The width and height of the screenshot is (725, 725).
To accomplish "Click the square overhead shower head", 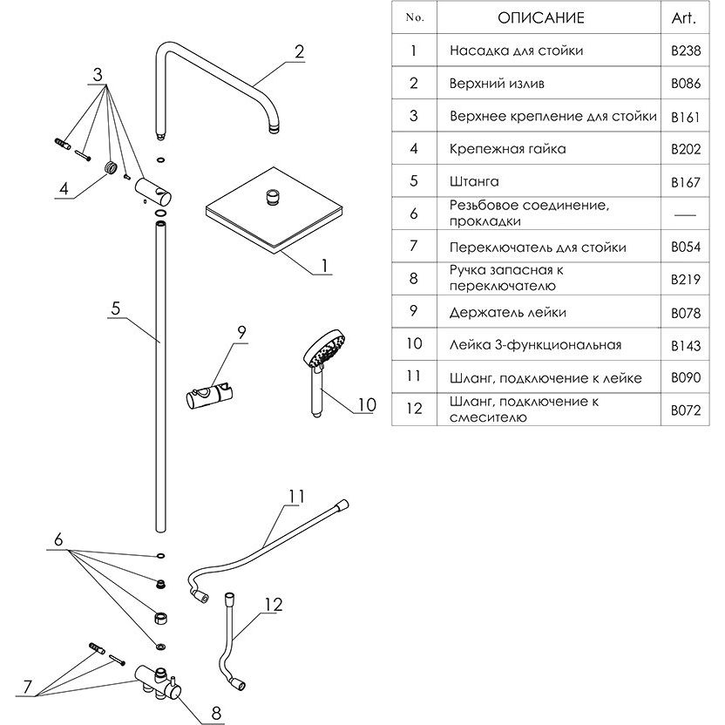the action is point(274,210).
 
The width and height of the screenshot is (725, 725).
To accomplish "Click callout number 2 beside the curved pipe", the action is point(299,51).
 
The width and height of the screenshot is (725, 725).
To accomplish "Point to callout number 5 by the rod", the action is point(115,308).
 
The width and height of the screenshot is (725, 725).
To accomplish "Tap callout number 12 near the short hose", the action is point(274,605).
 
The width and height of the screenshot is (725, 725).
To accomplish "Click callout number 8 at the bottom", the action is point(216,713).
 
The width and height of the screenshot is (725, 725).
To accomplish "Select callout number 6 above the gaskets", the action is point(58,539).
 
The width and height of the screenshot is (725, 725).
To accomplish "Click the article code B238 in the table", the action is point(686,50).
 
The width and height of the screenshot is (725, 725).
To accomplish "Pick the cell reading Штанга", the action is point(474,181).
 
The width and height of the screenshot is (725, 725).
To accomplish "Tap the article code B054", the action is point(686,247).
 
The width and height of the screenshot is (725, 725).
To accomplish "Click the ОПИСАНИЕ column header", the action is point(541,18).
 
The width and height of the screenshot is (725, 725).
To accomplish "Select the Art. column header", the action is point(684,18).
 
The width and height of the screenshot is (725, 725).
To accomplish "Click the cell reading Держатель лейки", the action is point(508,313).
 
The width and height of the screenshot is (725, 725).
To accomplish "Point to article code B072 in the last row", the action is point(686,410).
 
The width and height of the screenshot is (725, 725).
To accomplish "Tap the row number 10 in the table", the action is point(414,343).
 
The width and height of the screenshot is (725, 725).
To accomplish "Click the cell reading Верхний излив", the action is point(497,84).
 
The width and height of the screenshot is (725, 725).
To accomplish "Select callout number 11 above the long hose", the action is point(296,497).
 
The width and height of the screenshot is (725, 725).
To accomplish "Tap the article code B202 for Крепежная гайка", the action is point(686,149).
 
